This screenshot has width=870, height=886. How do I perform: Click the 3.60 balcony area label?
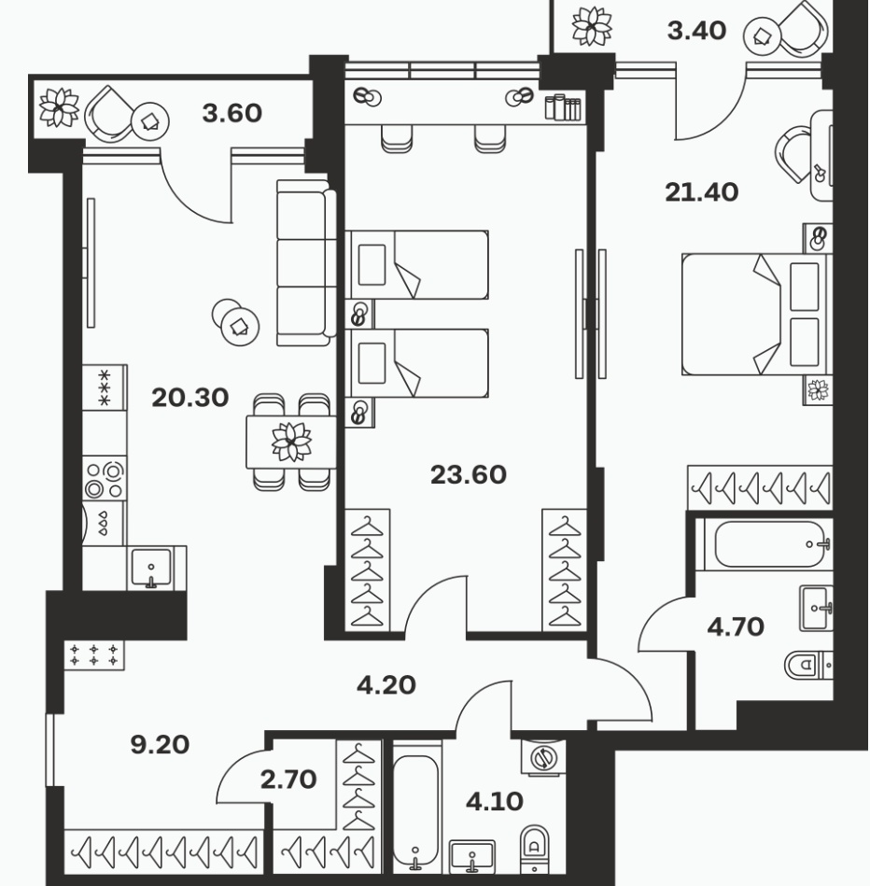232,113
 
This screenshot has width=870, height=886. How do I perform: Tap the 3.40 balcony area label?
696,31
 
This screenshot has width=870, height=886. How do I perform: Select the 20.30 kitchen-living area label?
190,398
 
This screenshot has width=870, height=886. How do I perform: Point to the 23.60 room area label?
469,474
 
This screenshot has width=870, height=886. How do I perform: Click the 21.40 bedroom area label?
702,192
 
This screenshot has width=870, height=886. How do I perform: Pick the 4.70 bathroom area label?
736,626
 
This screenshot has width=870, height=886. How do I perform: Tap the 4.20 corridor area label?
386,685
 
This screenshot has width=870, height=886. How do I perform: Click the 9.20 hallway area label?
160,745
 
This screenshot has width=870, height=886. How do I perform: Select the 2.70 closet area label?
288,780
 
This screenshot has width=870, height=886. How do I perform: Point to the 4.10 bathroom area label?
495,801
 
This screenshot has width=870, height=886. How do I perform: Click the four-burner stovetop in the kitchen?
105,480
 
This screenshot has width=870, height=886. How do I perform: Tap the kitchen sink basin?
151,568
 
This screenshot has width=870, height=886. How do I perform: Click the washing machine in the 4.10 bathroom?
543,756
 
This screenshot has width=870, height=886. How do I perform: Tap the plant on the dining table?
291,442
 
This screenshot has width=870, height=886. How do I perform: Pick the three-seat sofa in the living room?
306,262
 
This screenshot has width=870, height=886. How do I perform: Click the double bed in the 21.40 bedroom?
757,315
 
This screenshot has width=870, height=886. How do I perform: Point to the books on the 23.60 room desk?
563,107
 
